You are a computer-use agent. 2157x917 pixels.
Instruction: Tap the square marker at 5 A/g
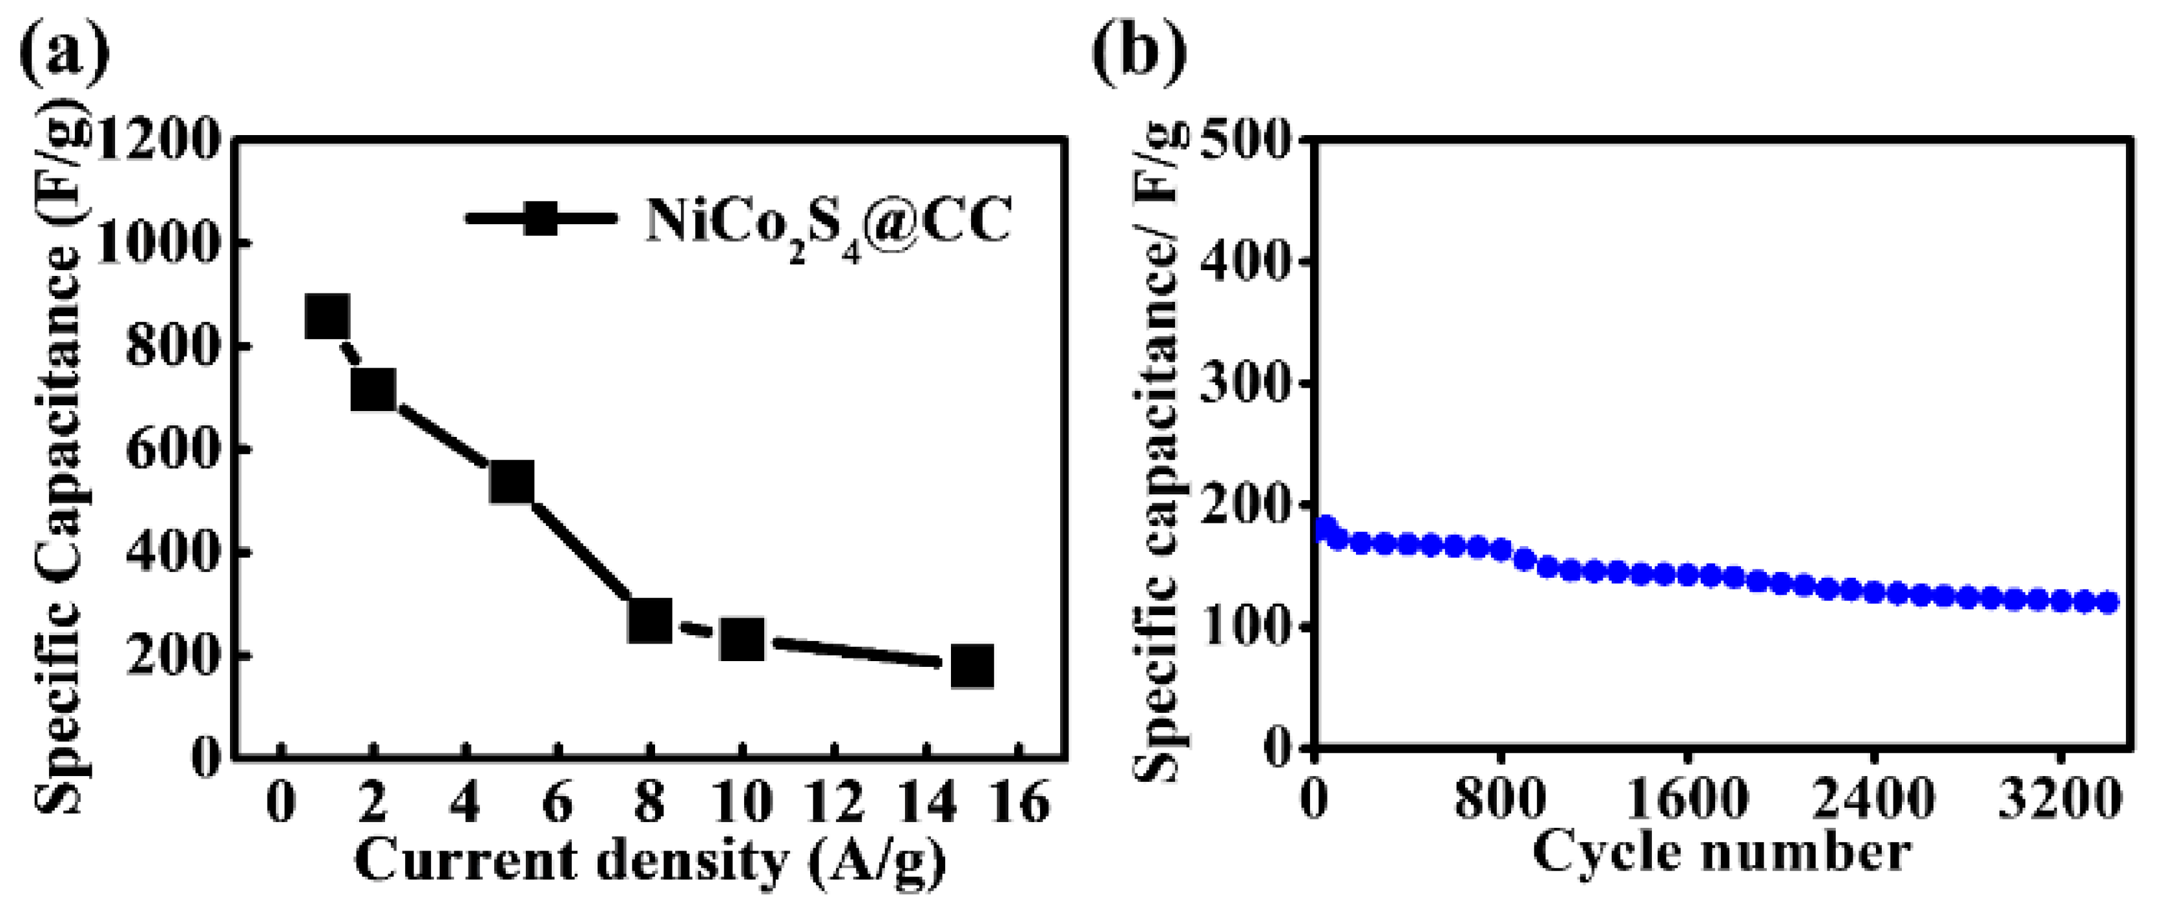(512, 481)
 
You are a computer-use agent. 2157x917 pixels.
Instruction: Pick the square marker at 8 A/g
(650, 620)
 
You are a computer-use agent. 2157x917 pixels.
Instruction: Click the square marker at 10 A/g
(742, 639)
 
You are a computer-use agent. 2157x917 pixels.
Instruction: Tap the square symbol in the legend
(541, 220)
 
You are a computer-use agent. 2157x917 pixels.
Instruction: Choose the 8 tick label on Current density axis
(650, 802)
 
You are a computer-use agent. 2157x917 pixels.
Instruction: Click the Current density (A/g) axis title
(650, 861)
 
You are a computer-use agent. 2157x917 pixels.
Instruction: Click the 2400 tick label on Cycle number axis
(1873, 800)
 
